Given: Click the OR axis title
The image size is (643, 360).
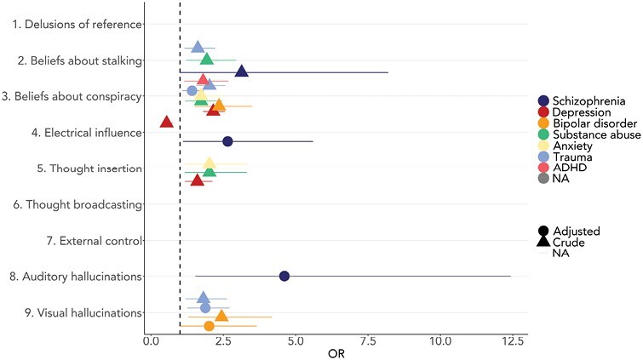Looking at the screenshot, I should pos(336,353).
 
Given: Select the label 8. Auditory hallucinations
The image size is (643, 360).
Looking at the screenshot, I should pos(74,277).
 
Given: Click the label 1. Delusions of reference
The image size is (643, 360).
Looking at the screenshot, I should pos(77,24).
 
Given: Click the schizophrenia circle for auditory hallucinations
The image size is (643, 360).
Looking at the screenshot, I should pos(284,276).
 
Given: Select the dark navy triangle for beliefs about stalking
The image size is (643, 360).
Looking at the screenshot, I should pos(241,71).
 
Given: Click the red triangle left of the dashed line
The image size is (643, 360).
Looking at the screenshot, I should pos(166,122).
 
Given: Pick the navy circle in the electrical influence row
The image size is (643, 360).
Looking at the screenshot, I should pos(227,141).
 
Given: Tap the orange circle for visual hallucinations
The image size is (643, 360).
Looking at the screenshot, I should pos(210,326).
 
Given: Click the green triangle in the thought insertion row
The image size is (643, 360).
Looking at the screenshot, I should pos(209,171).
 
